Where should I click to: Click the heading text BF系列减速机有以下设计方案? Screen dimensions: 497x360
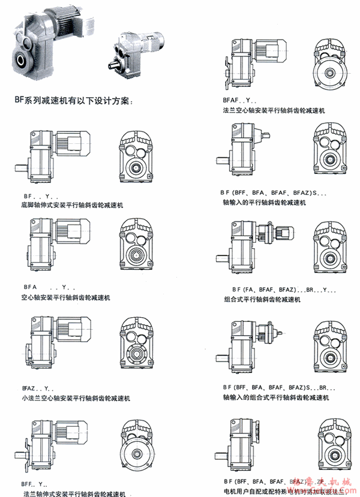[x=71, y=98]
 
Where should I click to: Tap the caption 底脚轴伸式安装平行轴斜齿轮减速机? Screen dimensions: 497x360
[x=71, y=205]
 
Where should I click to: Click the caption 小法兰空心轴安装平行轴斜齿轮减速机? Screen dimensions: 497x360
[x=76, y=397]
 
